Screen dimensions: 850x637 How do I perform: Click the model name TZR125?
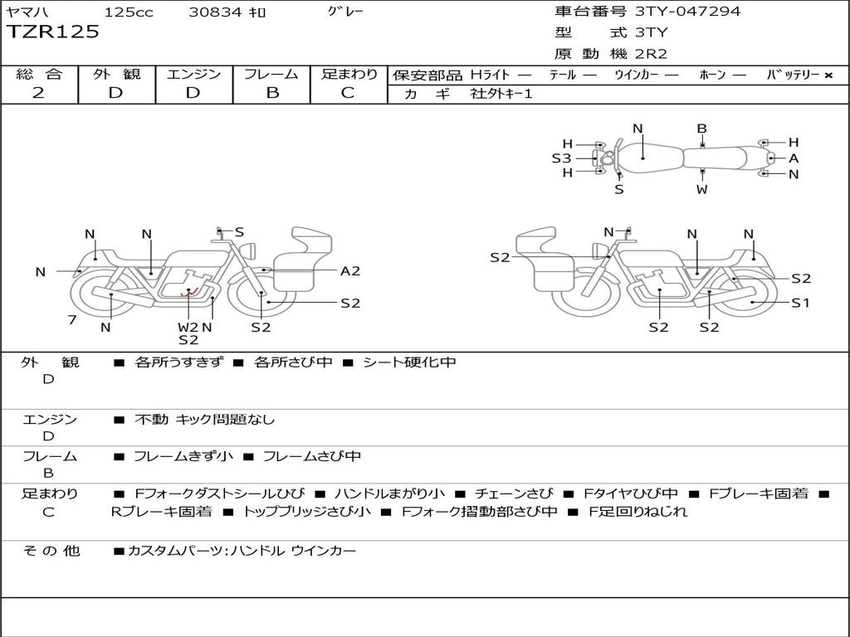53,32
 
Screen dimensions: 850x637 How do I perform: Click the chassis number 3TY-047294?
687,12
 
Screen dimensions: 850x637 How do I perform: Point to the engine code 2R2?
651,55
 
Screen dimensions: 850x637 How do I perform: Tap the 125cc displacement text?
129,12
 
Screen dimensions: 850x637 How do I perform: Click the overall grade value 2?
38,93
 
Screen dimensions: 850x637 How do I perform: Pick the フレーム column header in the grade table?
271,74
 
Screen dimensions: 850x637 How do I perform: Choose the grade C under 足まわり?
348,93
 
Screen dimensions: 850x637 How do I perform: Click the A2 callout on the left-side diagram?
350,270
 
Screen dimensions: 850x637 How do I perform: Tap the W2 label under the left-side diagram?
188,327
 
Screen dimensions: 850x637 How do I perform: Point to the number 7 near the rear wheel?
72,320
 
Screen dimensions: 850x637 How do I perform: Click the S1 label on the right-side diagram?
800,303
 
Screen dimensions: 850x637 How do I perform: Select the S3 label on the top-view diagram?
561,158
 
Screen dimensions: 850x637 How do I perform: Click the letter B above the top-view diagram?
701,129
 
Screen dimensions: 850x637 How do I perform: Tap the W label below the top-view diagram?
702,189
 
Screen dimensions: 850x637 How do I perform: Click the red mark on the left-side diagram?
188,291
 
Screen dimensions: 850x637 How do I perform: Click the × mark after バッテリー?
828,75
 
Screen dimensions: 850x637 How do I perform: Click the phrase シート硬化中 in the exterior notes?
409,362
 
